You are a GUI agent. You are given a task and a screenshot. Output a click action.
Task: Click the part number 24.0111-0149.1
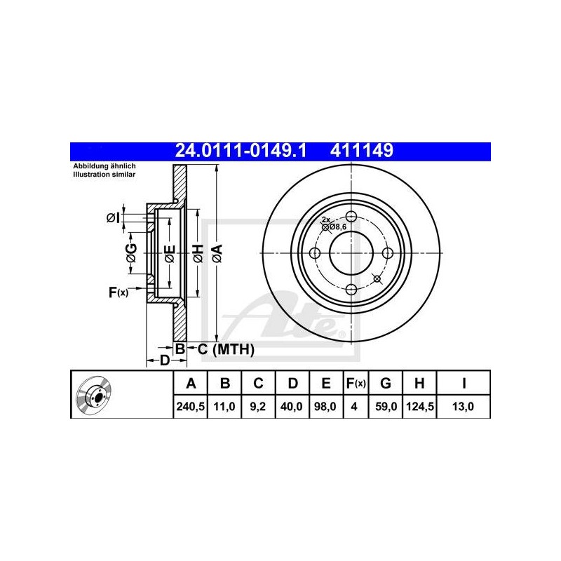241,151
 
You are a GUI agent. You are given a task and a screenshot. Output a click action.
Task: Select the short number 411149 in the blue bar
362,151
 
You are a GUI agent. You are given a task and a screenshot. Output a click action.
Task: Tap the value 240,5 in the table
190,407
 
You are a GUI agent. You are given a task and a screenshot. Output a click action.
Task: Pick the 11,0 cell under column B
224,407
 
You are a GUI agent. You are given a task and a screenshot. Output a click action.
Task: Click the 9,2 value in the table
258,407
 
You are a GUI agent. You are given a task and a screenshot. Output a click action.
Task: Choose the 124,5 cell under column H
419,407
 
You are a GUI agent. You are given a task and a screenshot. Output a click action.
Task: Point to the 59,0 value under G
385,407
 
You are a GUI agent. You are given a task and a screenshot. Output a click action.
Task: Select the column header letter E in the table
326,383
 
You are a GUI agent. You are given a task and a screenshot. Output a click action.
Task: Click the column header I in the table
464,383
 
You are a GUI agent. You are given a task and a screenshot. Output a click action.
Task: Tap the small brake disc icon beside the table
94,394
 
